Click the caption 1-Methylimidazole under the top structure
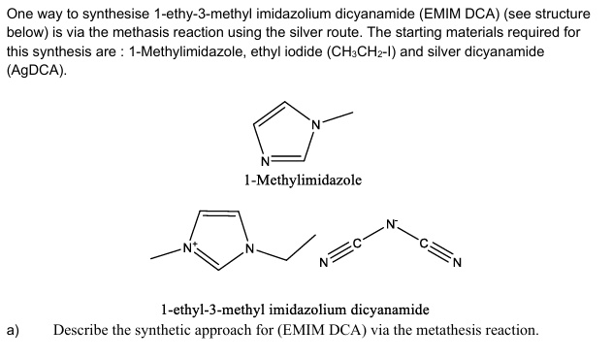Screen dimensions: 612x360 pos(303,180)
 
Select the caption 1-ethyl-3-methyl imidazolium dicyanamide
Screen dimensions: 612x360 pos(295,310)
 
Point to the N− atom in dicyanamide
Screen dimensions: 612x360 pos(391,224)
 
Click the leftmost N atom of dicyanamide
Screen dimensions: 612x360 pos(324,263)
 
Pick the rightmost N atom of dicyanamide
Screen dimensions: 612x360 pos(458,263)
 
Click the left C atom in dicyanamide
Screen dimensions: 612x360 pos(357,244)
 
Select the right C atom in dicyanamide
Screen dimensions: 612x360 pos(424,244)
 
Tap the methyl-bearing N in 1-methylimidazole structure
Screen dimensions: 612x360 pos(316,125)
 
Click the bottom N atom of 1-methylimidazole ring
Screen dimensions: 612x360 pos(265,161)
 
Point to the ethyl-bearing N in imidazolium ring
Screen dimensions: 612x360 pos(250,248)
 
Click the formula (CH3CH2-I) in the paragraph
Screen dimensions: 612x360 pos(361,52)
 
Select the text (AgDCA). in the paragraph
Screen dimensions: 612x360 pos(37,70)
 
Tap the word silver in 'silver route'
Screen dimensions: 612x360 pos(285,32)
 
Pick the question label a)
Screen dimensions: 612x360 pos(13,330)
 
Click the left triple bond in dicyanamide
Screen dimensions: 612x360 pos(340,254)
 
